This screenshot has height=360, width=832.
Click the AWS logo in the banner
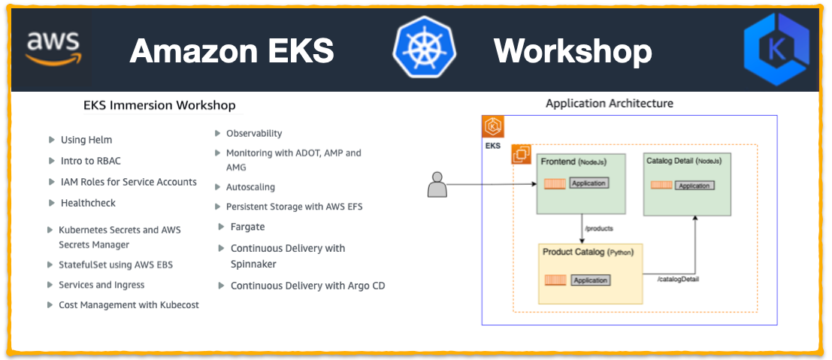click(53, 50)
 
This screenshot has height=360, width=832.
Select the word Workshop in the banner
click(572, 51)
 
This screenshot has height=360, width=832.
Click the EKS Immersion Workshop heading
click(159, 105)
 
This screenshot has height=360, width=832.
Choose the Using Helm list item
click(86, 140)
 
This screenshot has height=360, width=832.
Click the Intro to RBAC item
click(90, 161)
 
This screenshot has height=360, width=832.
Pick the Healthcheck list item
click(88, 203)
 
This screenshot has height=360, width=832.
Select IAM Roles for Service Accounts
click(128, 182)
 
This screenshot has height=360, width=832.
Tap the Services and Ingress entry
click(101, 285)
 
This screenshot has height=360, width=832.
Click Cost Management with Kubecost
click(129, 305)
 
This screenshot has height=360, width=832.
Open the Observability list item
click(254, 133)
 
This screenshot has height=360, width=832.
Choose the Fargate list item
click(247, 227)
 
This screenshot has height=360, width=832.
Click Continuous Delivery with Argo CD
click(307, 286)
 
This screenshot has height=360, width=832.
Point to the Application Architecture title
click(609, 103)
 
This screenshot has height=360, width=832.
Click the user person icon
click(437, 185)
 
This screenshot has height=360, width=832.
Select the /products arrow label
click(599, 228)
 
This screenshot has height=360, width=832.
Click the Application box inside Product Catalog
click(590, 280)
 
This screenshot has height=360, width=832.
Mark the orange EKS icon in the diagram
click(493, 126)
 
